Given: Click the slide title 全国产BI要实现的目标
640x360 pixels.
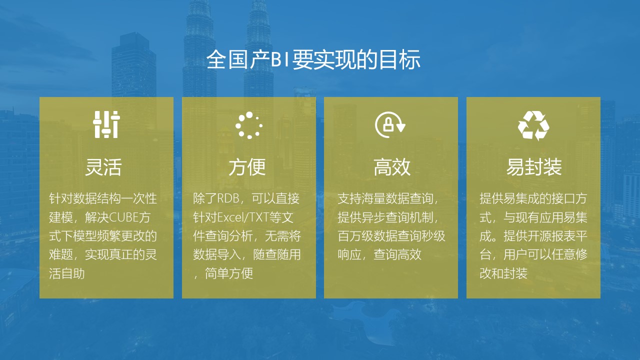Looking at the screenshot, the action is point(313,59).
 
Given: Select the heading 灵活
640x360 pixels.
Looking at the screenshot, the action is point(103,167).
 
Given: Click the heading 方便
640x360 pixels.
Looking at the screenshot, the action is point(247,167).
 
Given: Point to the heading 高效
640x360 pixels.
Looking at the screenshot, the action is point(392,167).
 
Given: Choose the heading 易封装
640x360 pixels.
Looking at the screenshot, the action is point(534,167).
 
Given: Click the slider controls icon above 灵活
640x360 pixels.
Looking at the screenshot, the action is point(106,124).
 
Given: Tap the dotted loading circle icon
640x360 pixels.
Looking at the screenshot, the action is point(249,125).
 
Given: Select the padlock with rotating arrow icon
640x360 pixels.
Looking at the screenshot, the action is point(390,124).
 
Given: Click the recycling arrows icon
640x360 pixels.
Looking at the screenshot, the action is point(533,125).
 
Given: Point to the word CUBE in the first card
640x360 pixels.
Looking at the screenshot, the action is point(124,217).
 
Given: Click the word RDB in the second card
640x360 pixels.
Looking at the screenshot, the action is point(228,198).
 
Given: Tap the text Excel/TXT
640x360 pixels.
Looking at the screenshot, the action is point(243,217).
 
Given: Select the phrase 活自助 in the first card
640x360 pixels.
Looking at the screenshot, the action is point(67,273).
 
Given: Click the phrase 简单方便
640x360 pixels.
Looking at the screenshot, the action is point(229,273).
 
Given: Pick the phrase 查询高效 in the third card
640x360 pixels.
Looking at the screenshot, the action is point(397,254).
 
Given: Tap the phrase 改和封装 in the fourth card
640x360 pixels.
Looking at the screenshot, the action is point(503,273).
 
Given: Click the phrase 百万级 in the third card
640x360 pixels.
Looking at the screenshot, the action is point(355,236).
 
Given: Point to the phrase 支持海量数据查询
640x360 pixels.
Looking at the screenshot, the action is point(385,198).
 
